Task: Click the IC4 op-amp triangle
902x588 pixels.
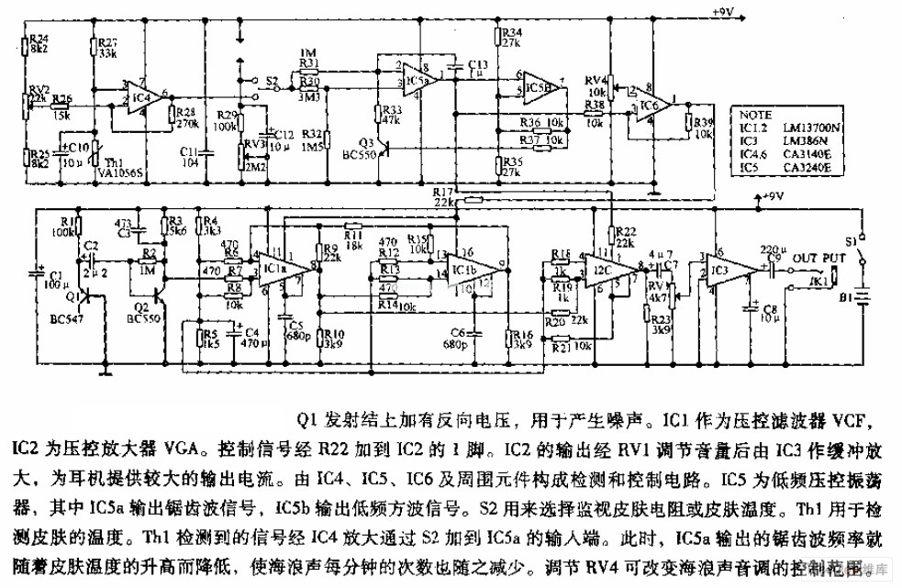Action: tap(142, 95)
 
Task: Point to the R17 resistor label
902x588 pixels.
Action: tap(441, 190)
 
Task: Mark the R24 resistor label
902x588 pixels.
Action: tap(39, 39)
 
